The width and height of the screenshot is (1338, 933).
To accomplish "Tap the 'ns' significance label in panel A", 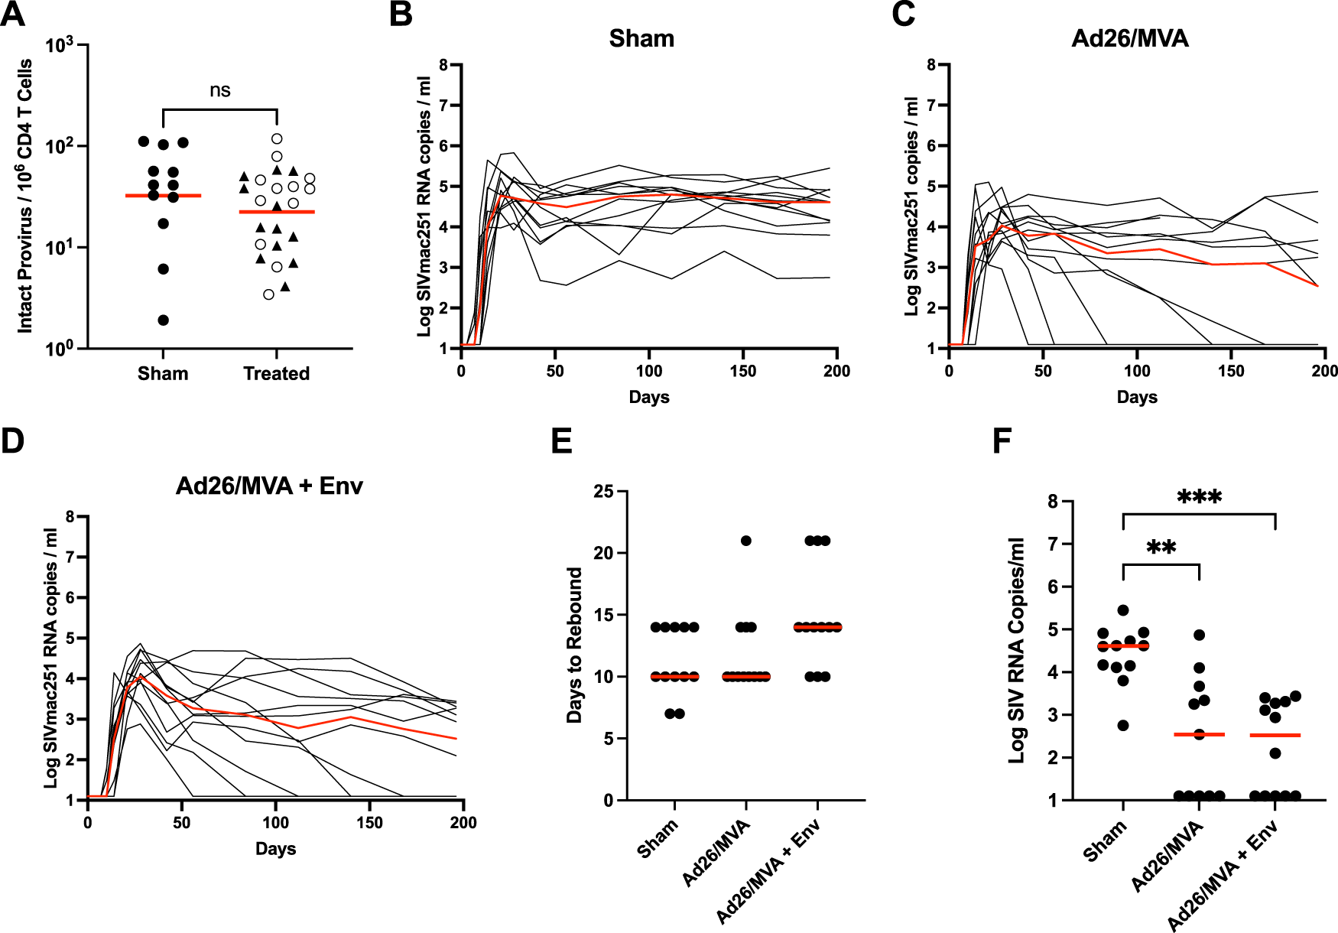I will point(220,90).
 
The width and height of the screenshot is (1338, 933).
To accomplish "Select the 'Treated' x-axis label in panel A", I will point(276,373).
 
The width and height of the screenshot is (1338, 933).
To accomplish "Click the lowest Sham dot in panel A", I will point(163,320).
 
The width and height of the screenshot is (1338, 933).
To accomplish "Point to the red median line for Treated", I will point(276,212).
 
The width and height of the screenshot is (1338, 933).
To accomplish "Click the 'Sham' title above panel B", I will point(641,38).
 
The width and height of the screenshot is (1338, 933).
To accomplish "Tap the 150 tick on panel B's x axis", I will point(743,371).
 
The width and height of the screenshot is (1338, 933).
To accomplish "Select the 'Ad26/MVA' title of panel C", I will point(1130,38).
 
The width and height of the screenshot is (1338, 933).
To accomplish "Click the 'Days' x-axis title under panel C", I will point(1137,397).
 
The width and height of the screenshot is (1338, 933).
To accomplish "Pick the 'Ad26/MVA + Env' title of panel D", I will point(269,486).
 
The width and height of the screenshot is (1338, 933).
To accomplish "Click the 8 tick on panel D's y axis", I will point(70,517).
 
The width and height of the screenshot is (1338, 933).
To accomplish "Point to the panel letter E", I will point(562,441).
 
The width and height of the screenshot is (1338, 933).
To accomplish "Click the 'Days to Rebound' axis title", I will point(574,645).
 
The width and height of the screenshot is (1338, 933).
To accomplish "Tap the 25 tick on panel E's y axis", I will point(604,491).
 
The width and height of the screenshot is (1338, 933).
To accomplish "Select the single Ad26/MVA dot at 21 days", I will point(746,541).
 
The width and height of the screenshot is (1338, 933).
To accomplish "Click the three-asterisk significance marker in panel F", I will point(1199,498).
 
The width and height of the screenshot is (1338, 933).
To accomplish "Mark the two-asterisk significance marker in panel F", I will point(1161,548).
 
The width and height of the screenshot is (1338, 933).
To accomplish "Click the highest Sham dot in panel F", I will point(1123,610).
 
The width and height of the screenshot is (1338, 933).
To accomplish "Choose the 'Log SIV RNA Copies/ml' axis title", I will point(1017,650).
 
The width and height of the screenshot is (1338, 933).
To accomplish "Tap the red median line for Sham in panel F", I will point(1123,646).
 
